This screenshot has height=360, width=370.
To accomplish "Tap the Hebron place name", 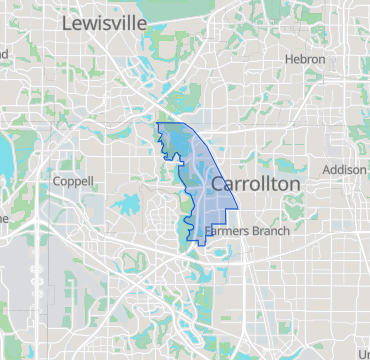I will (x=304, y=60).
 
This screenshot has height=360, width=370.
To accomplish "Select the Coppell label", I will (x=72, y=182).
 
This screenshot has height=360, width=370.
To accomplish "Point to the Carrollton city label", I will (x=256, y=185).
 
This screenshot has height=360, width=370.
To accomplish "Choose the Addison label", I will (x=344, y=170).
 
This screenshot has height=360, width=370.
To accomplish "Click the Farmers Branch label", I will (x=247, y=232).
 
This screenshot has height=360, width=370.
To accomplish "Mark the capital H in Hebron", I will (x=288, y=60).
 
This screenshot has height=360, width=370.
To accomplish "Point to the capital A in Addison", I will (x=326, y=170).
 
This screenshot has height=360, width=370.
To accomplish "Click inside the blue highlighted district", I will (x=205, y=195).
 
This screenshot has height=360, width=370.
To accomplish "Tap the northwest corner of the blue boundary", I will (x=157, y=123).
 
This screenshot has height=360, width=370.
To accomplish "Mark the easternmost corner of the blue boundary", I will (x=237, y=207).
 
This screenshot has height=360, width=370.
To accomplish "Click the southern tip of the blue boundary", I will (x=192, y=241).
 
